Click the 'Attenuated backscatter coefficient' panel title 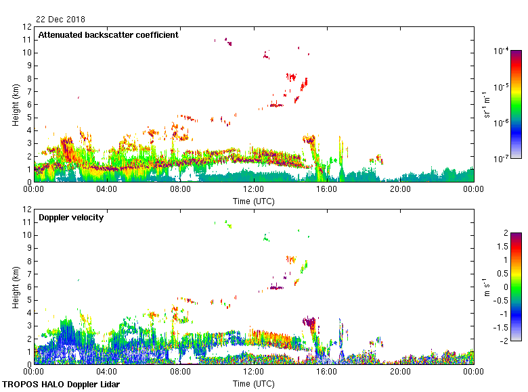click(108, 35)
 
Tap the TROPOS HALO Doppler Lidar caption click(66, 385)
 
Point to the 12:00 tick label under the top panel click(254, 190)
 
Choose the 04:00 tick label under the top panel click(107, 190)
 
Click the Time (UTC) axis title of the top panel click(254, 201)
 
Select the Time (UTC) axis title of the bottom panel click(254, 383)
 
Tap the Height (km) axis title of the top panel click(15, 105)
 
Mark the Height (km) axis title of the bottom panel click(15, 287)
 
